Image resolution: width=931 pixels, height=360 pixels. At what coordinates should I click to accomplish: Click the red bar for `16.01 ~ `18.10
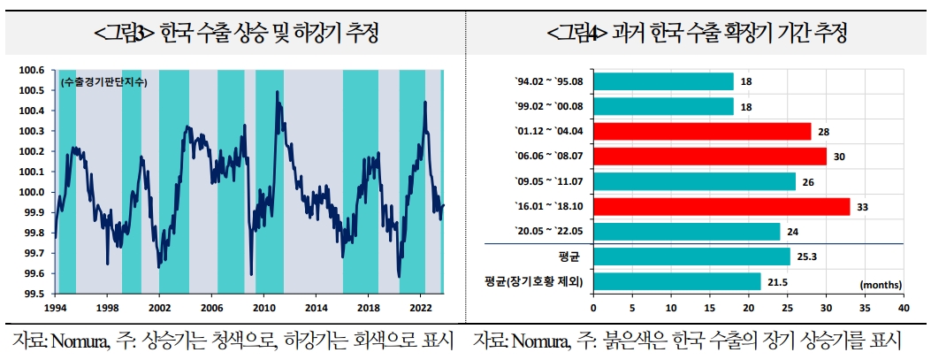(721, 207)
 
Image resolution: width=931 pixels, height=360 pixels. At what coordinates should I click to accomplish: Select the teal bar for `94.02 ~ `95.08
(663, 81)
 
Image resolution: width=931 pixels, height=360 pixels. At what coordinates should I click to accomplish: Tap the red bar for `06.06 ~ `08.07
(709, 157)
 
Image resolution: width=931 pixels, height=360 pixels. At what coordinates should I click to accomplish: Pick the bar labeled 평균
(691, 257)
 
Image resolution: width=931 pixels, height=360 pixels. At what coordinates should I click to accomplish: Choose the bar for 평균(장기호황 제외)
(676, 281)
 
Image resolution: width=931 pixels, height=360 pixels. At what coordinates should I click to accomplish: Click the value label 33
(861, 207)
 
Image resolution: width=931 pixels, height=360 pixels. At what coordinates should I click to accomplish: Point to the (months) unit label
(880, 285)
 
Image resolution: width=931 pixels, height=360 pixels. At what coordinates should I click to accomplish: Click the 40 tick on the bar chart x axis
(903, 308)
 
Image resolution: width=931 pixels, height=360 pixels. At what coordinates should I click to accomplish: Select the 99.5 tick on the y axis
(34, 295)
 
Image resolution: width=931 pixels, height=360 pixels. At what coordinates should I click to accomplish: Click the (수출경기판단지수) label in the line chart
(104, 82)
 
